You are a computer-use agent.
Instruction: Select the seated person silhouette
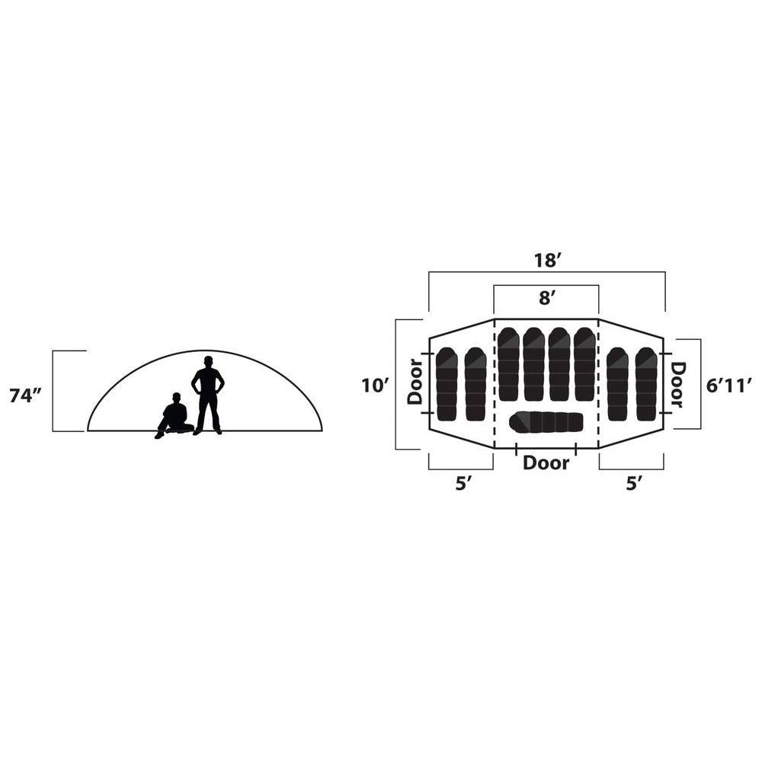[174, 416]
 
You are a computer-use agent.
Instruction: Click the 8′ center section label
[546, 297]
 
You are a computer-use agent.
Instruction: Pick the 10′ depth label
[375, 386]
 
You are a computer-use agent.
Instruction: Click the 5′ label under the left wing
[463, 484]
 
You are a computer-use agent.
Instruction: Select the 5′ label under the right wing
[633, 484]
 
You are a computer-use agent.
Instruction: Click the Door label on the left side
[415, 382]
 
